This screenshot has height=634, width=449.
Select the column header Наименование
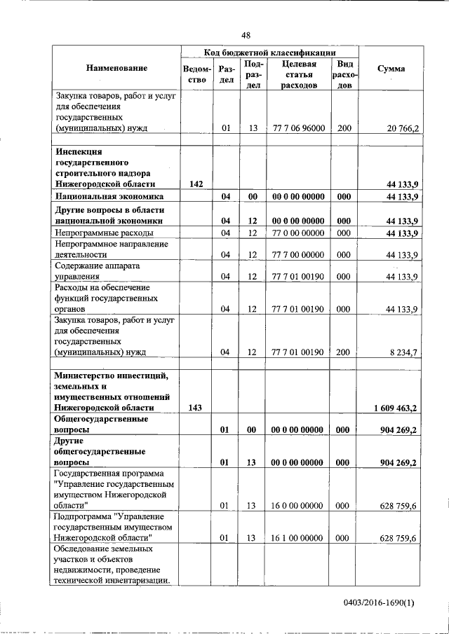(x=117, y=69)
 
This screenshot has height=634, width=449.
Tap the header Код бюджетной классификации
(x=270, y=53)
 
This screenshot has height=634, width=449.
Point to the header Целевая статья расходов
(x=299, y=74)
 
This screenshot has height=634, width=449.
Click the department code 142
(x=196, y=184)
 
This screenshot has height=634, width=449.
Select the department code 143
(x=196, y=408)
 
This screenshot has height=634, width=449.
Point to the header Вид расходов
(x=344, y=74)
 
